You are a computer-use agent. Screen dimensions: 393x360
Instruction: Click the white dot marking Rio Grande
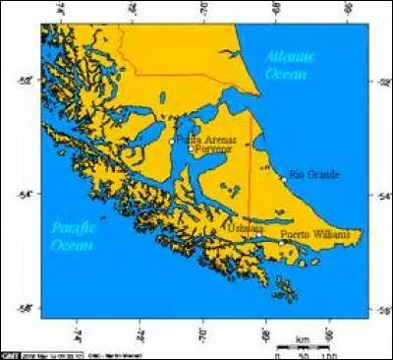tap(284, 179)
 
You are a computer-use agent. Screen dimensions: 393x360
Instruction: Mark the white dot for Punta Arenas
tap(171, 143)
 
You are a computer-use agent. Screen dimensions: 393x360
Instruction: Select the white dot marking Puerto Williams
tap(281, 242)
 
